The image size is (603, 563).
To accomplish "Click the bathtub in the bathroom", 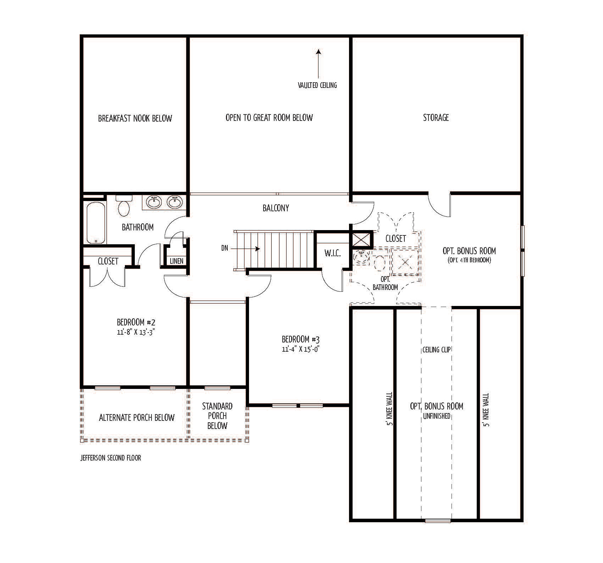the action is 96,223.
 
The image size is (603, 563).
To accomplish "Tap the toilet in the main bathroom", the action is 124,206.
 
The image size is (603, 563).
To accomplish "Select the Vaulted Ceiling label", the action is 317,85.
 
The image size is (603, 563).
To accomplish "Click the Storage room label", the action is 436,117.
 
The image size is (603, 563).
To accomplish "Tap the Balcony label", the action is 276,208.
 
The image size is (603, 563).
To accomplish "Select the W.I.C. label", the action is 332,253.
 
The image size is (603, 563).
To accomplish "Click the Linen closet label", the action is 177,261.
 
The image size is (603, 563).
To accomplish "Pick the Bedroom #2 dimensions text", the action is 137,333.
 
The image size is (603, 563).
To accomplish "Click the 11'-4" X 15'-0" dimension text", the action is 301,349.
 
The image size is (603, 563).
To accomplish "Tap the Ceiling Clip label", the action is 437,350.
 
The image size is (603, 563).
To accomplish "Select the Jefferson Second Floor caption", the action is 111,458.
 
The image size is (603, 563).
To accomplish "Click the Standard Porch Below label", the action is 217,416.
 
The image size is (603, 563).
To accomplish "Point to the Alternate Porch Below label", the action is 137,417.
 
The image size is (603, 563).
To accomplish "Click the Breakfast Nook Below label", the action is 135,118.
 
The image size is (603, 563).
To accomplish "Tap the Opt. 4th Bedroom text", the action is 469,260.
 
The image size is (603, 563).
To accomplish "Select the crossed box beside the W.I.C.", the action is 361,240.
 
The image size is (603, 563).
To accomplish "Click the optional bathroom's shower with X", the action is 405,262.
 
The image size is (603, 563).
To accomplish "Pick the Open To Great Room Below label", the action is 269,118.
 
